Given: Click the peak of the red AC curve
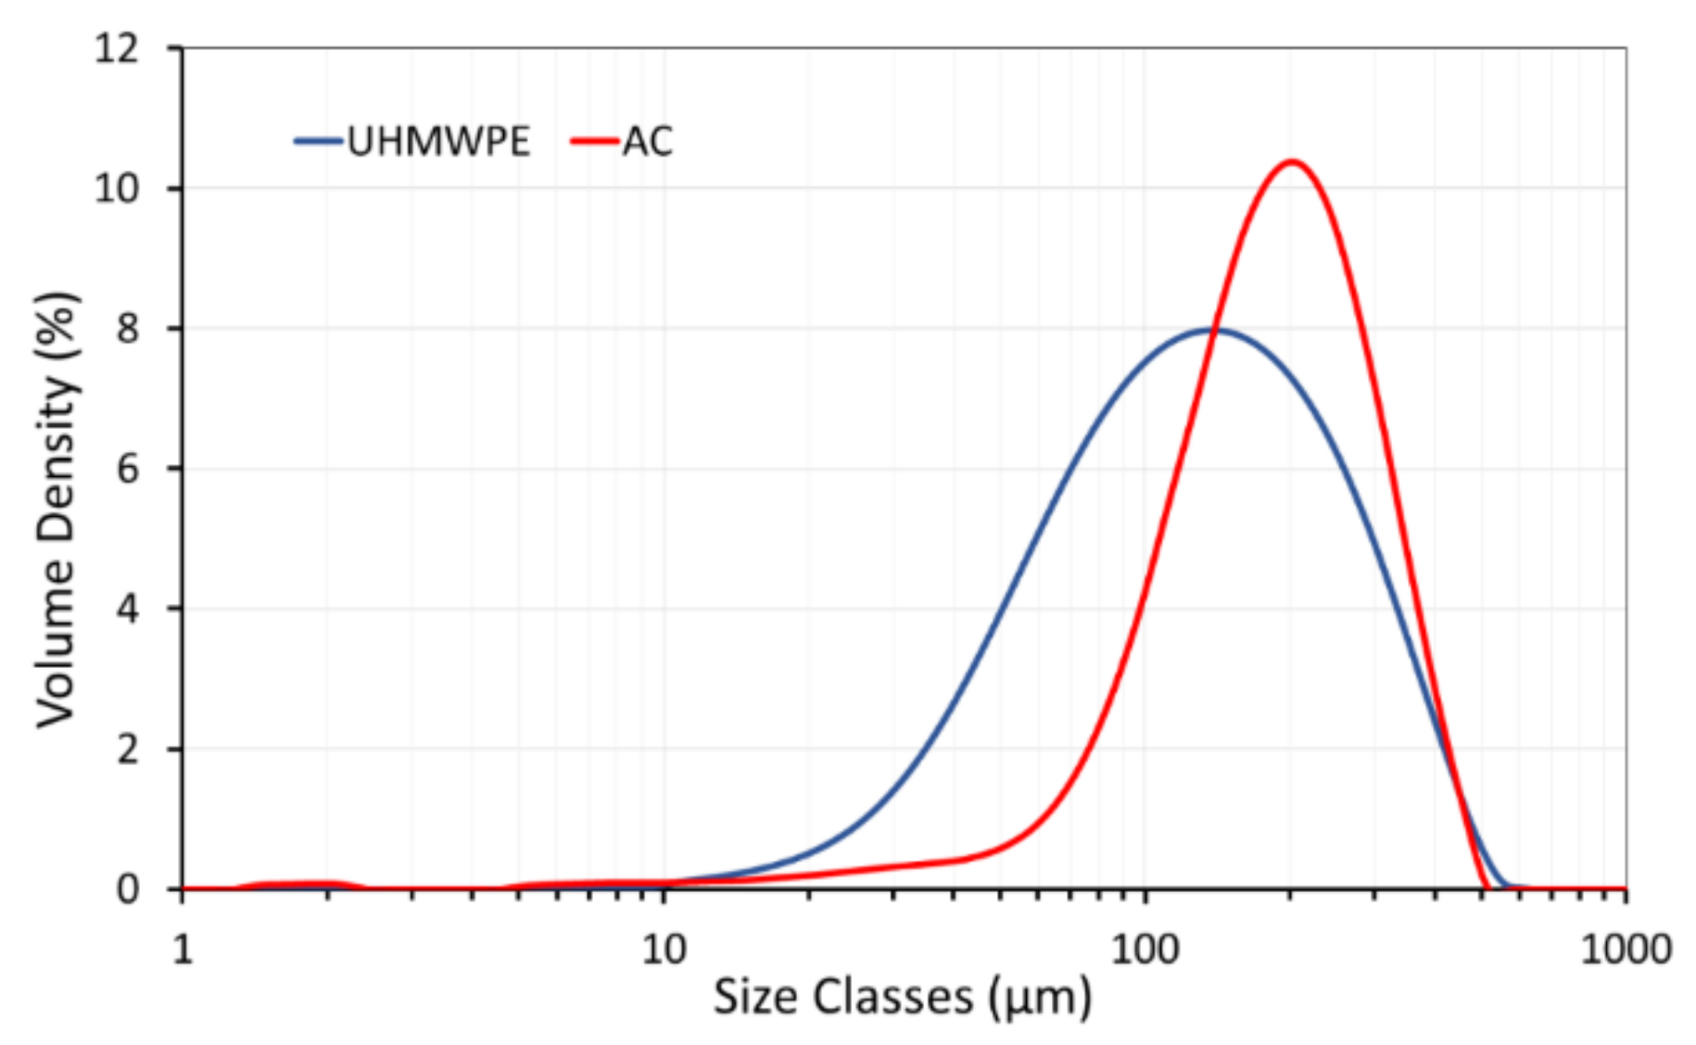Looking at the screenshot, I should click(1291, 163).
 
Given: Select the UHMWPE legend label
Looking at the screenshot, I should click(438, 142).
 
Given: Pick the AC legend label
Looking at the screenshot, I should click(647, 142).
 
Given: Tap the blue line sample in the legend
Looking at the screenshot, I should click(319, 142).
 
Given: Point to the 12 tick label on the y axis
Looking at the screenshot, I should click(117, 48).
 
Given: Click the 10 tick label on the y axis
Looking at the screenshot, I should click(117, 189).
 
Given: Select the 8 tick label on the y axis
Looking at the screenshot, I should click(128, 329).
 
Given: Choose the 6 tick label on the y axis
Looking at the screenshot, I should click(128, 469).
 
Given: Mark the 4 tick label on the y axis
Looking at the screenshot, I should click(128, 609).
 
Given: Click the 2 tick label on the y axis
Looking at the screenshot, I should click(128, 749).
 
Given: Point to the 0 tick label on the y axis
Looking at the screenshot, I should click(128, 889).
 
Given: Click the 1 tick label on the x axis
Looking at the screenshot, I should click(183, 949).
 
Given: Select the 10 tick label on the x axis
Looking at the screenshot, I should click(664, 949).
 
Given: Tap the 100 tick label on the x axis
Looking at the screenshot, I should click(1145, 949).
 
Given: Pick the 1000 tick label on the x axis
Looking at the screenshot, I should click(1626, 949).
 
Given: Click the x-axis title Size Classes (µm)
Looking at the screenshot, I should click(902, 998).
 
